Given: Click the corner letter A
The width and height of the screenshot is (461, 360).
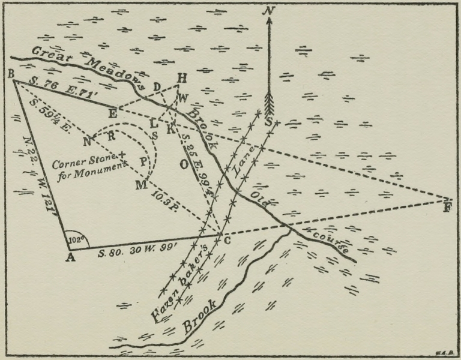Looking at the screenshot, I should (70, 259).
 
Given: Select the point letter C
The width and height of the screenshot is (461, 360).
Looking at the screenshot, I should (227, 241).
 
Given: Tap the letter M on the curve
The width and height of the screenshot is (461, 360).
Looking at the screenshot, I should (140, 184).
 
